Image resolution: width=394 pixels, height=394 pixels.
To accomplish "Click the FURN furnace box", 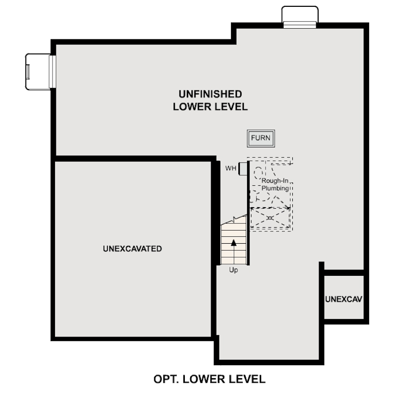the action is [261, 138].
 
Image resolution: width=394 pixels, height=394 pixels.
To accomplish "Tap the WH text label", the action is [231, 168].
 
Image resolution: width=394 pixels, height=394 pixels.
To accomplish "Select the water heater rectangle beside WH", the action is [243, 169].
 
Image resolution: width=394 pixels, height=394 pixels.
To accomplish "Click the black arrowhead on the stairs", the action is [233, 243].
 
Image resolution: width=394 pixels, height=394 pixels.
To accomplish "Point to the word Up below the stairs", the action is [233, 270].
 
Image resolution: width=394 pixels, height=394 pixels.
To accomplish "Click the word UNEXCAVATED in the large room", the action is [132, 249].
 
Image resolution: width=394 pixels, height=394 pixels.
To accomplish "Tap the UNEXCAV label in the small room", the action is [343, 299].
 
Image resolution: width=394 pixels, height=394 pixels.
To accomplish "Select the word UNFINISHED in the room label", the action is [210, 94].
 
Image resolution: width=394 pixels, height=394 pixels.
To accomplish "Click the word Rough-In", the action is [275, 180].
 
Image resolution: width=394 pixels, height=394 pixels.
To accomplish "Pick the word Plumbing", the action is [275, 188].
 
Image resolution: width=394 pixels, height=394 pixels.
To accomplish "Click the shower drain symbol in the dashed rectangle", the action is [270, 218].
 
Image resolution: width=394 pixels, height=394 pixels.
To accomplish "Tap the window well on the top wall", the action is [300, 16].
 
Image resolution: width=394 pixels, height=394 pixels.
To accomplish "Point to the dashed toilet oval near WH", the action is [258, 173].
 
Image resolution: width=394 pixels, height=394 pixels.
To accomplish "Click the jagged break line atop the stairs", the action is [234, 219].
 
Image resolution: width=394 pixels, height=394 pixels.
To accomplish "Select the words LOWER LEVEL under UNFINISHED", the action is [210, 107].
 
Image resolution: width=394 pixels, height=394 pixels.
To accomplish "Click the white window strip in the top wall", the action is [300, 25].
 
